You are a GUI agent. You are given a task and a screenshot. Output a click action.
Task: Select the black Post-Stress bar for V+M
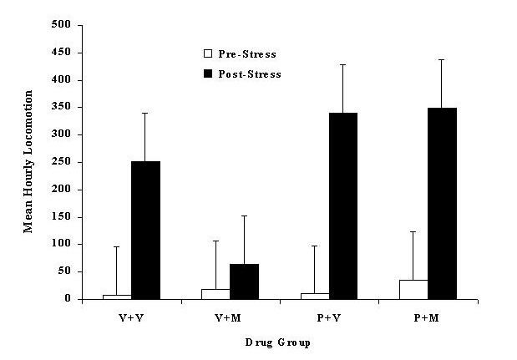244,281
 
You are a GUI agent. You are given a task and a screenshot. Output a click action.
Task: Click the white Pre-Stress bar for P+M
413,289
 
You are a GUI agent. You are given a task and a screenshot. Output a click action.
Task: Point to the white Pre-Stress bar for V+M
215,294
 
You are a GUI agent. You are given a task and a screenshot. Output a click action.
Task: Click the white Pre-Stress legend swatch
207,54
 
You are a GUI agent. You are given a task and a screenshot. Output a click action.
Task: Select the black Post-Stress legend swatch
207,74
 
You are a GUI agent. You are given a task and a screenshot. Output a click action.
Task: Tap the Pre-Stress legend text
247,54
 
